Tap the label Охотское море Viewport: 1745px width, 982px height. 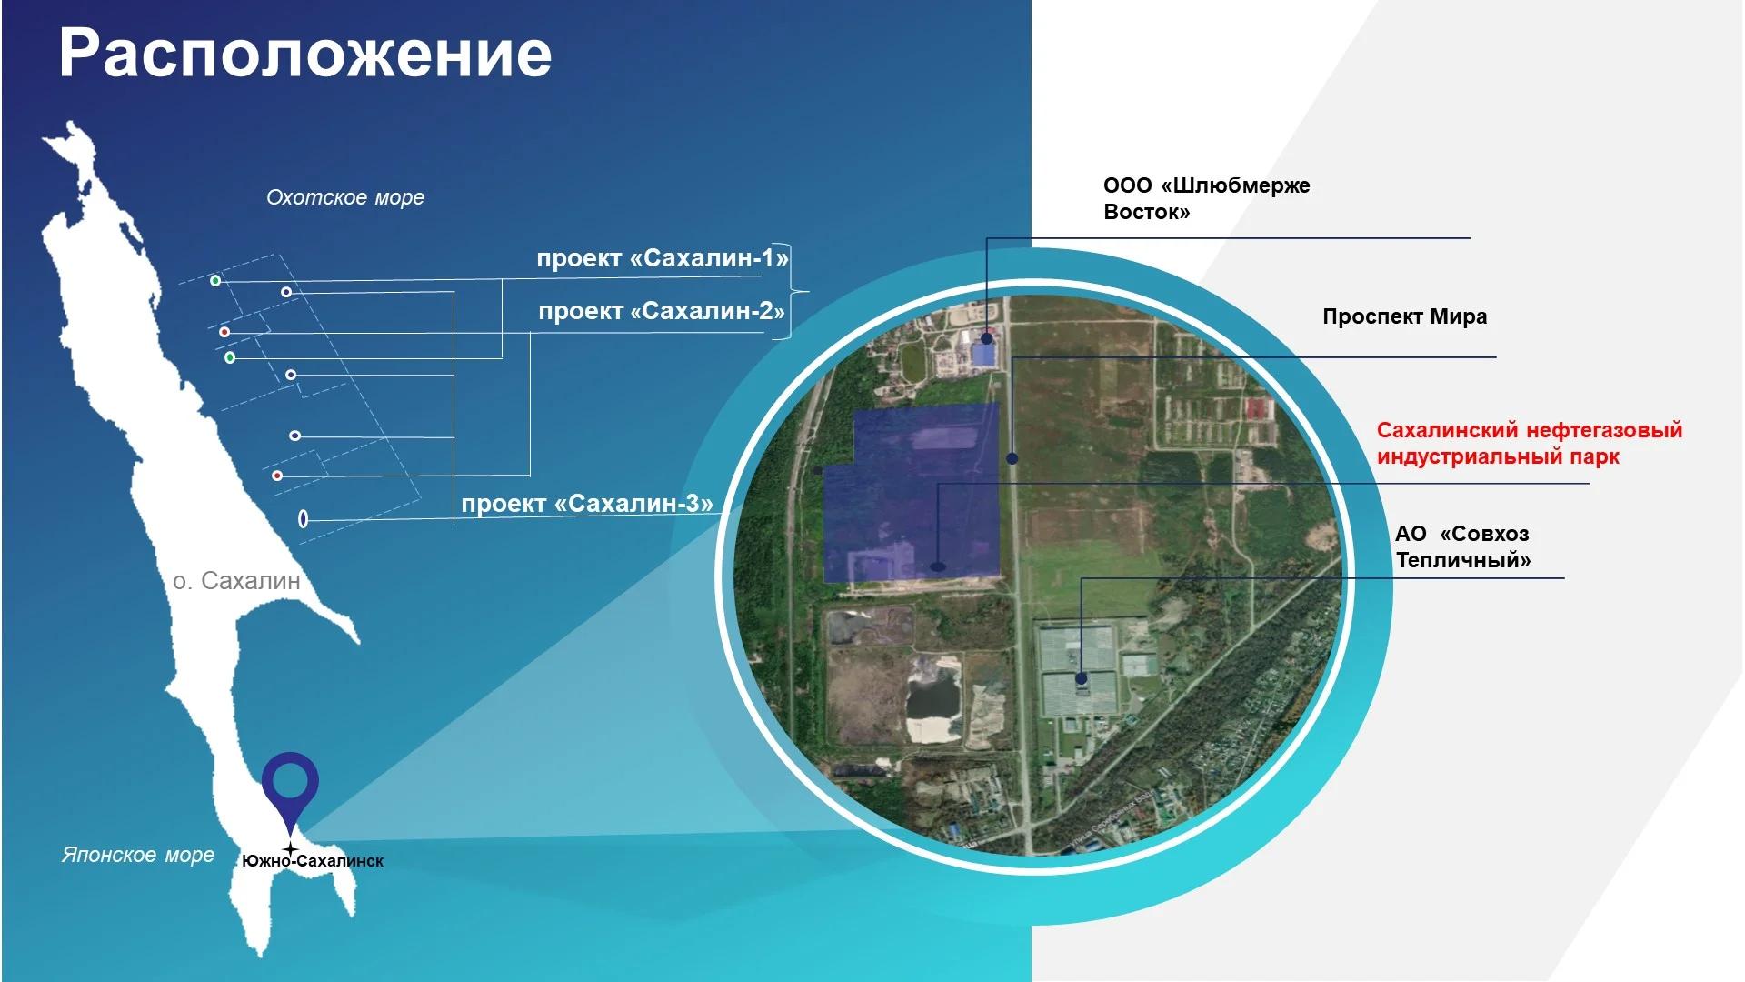(x=345, y=197)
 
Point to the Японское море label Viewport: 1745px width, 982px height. (x=138, y=855)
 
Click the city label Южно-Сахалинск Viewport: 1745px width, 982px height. (x=313, y=861)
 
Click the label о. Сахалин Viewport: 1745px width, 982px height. (x=236, y=581)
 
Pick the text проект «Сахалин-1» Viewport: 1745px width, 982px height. (x=663, y=258)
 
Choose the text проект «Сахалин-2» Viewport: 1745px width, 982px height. (x=662, y=311)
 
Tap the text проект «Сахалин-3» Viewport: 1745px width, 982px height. (x=587, y=504)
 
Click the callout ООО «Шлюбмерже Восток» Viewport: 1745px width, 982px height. (x=1207, y=198)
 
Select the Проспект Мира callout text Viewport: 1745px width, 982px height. (x=1405, y=316)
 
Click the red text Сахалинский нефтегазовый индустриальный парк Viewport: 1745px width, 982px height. (x=1530, y=443)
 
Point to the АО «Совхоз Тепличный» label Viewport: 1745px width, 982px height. (x=1463, y=546)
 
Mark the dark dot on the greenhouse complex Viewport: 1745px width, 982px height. (x=1082, y=678)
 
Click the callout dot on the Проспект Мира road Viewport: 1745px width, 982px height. (x=1012, y=458)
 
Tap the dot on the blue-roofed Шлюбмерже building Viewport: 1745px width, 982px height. (x=987, y=338)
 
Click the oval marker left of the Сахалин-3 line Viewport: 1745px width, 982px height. (x=304, y=518)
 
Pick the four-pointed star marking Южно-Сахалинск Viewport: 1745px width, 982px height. (x=290, y=849)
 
